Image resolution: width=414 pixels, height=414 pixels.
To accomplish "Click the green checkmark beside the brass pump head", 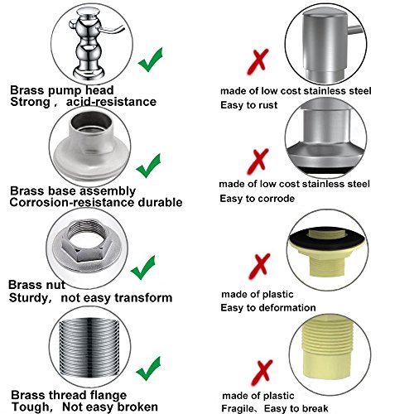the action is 150,60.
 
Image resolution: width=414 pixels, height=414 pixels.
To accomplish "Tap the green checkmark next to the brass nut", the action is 142,267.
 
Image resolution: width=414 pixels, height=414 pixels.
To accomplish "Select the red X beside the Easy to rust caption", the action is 258,62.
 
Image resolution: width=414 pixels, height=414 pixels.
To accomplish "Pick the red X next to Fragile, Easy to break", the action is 262,373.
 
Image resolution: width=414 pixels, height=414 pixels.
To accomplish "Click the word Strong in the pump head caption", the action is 30,102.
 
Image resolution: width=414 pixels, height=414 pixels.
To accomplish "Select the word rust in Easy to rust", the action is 267,105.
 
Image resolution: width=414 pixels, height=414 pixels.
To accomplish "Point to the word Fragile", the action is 238,408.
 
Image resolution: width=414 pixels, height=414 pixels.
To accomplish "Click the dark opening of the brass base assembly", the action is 91,121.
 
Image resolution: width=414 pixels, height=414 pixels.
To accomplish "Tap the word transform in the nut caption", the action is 143,298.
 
